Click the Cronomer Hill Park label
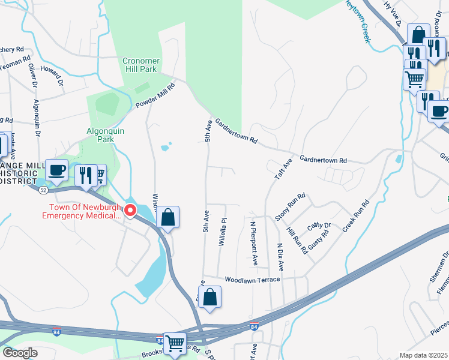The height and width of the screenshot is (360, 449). (139, 65)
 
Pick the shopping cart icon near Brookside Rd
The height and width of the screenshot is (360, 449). (175, 344)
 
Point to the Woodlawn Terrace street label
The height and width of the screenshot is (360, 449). (252, 280)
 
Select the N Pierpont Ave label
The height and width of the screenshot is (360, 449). (253, 242)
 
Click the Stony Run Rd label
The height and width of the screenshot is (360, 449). (291, 206)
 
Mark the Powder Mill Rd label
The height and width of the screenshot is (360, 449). (154, 97)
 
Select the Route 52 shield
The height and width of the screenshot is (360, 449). (43, 190)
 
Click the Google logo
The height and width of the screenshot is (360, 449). (20, 353)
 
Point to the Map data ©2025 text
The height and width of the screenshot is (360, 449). (423, 355)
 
